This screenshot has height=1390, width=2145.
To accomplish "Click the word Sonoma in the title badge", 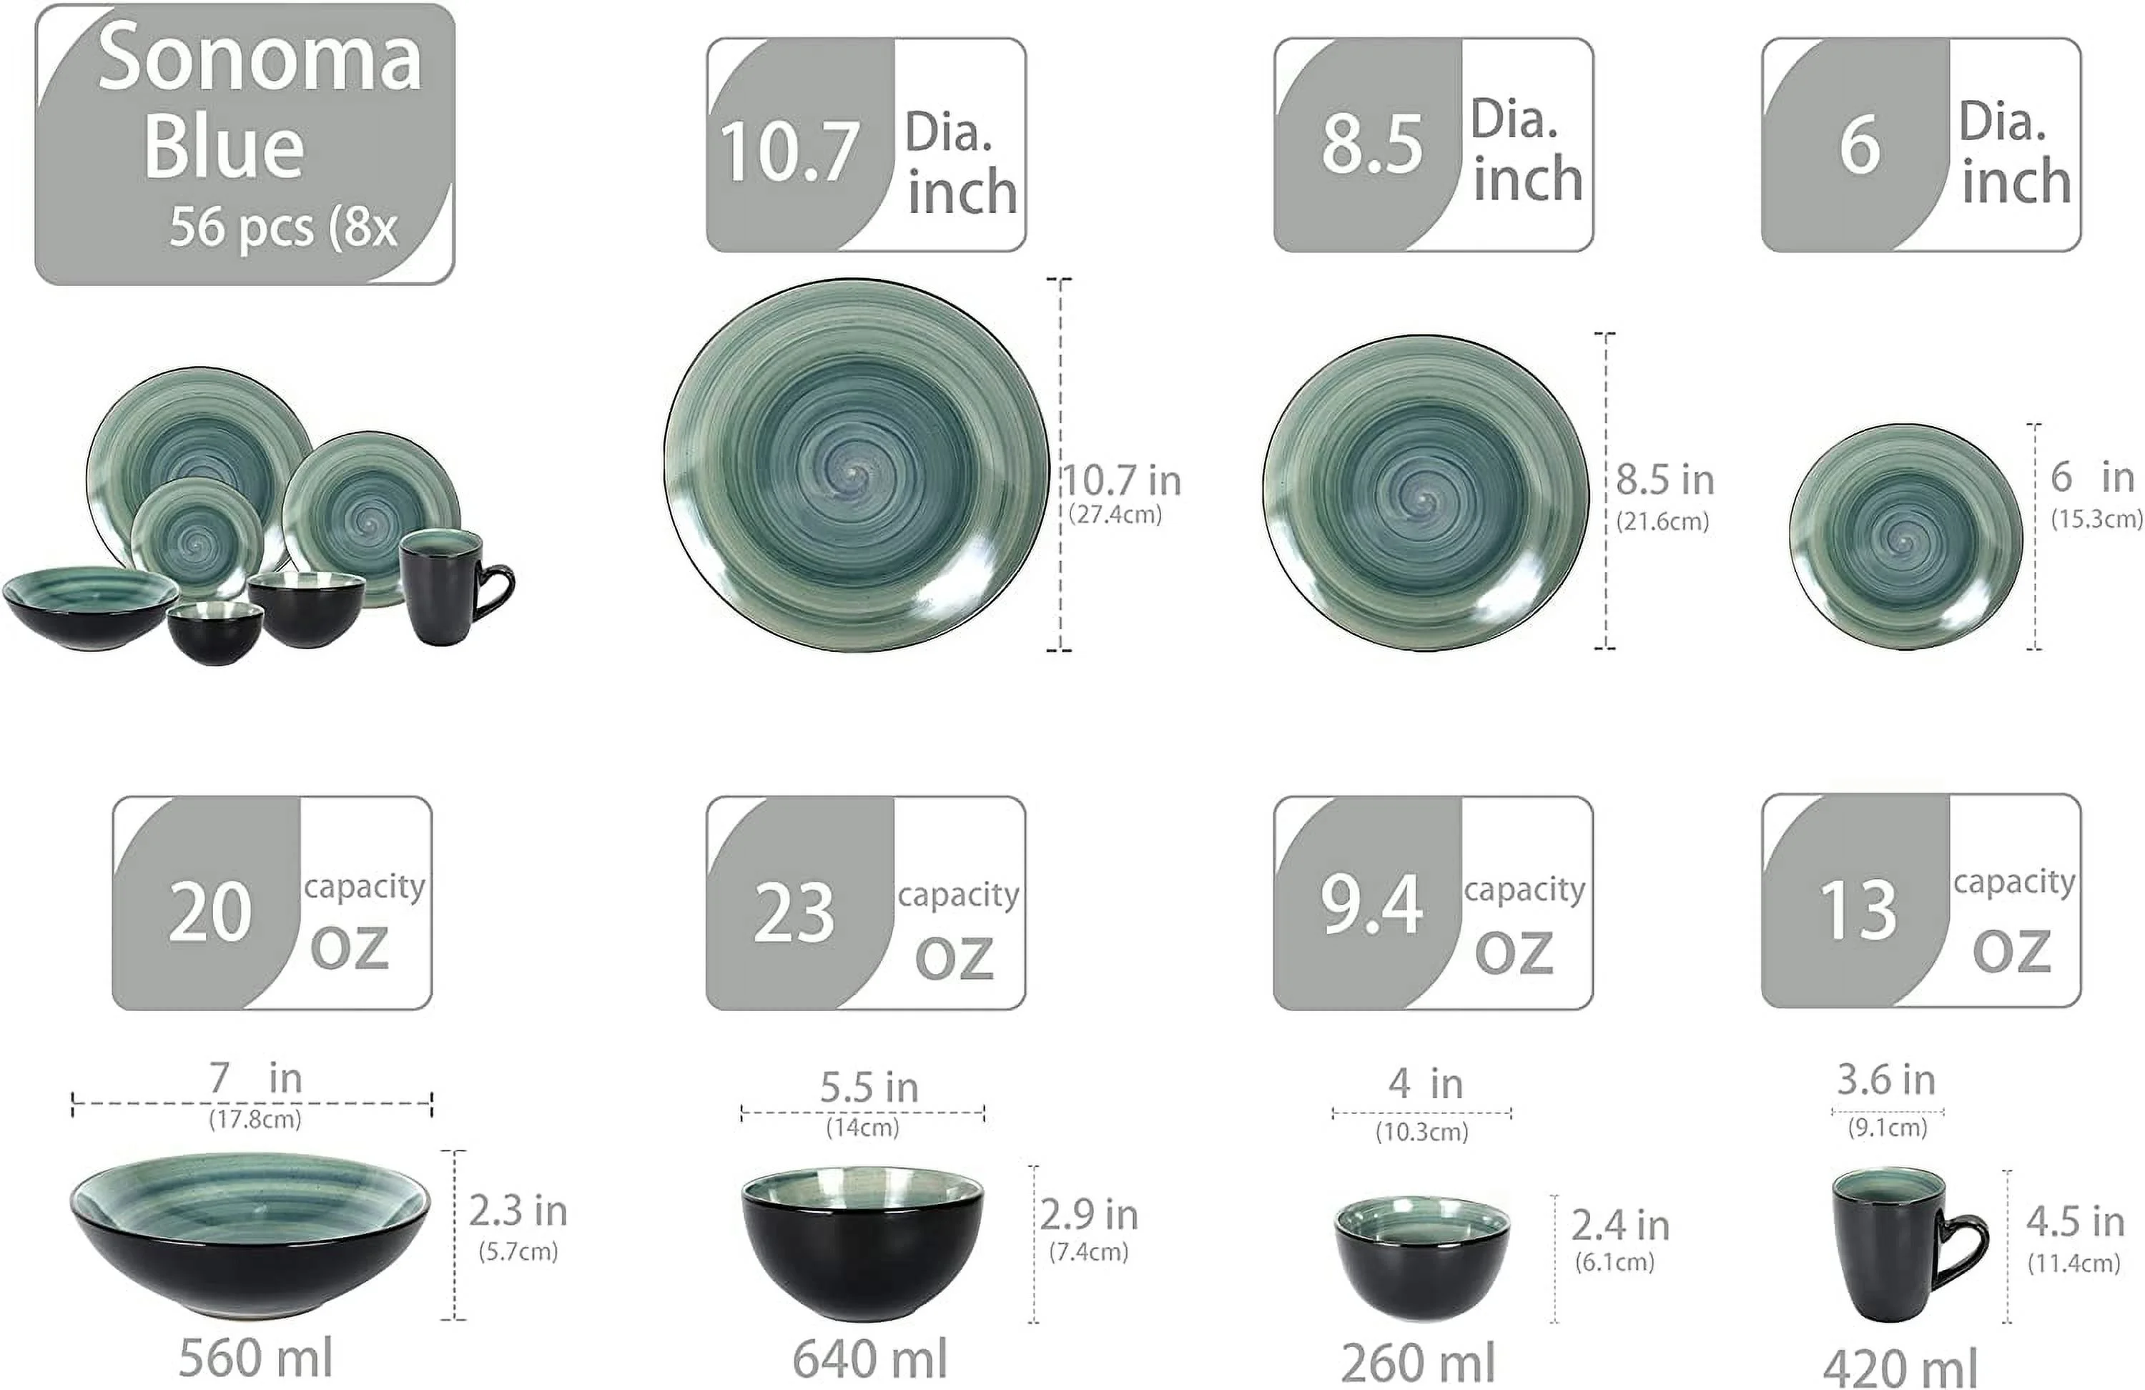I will click(260, 59).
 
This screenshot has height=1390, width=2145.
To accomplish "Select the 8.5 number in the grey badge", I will click(1371, 144).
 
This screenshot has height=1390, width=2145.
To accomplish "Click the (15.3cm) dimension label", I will click(2096, 519).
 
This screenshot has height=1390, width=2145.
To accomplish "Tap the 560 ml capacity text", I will click(255, 1358).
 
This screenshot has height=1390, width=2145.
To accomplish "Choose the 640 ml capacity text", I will click(869, 1359).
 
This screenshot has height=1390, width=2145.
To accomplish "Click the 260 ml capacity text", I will click(1418, 1363).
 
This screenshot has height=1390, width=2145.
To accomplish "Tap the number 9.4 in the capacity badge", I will click(1371, 904).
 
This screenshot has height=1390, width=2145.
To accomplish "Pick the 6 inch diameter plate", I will click(1905, 537).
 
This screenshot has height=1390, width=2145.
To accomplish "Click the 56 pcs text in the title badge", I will click(242, 227).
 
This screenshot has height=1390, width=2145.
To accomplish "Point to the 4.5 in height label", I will click(2075, 1223).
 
